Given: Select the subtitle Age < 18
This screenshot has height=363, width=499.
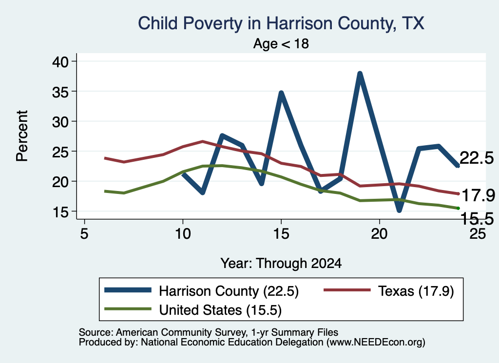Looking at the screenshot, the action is pos(281,43).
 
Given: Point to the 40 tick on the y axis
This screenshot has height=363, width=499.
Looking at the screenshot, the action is pos(60,61).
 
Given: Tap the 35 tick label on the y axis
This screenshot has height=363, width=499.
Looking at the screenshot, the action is pos(60,91).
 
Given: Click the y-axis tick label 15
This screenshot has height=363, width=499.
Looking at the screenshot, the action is pos(60,211).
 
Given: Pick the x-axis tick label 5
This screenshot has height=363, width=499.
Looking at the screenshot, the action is pos(84,234).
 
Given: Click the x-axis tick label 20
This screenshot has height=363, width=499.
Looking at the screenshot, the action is pos(379,234).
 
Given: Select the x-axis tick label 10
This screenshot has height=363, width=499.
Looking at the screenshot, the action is pos(183,234).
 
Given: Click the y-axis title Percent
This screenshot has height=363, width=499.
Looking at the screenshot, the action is pos(22,136).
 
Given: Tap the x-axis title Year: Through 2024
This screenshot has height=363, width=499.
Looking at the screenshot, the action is pos(281,264).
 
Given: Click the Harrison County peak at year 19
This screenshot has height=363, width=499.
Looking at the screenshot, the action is pos(360,74).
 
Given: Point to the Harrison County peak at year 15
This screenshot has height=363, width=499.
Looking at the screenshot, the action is pos(281,93).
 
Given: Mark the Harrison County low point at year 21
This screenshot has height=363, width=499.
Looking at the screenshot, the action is pos(399,210).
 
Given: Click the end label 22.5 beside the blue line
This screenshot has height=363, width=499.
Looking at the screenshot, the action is pos(477,158).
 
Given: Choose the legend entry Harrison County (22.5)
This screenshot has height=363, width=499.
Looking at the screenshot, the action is pos(201,291).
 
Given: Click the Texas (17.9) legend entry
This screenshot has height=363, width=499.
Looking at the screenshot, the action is pos(388,291).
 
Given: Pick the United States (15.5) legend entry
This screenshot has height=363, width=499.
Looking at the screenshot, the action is pos(193,309).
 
